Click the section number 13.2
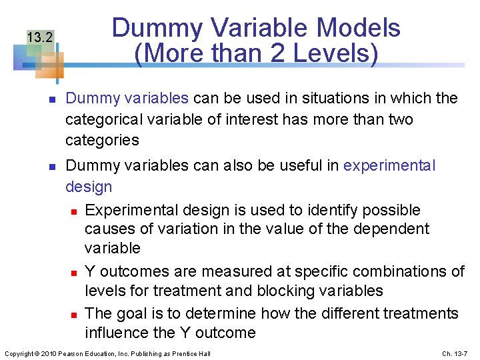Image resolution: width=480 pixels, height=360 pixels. coord(40,37)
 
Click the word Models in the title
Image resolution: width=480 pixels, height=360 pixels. coord(357,28)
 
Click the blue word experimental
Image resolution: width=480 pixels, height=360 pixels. coord(389,165)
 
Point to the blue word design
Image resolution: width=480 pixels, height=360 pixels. coord(89,187)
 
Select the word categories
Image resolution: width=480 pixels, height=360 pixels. coord(102,140)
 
